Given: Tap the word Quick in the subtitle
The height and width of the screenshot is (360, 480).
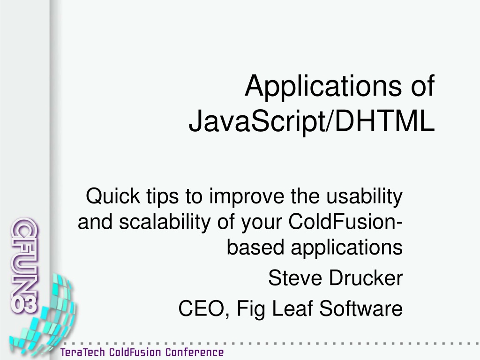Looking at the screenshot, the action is tap(112, 196).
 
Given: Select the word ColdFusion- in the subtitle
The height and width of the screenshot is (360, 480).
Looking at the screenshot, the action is tap(345, 222).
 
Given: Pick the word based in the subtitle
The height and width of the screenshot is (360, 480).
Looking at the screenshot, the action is tap(255, 247).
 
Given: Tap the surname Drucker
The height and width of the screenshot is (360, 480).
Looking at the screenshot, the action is tap(366, 278).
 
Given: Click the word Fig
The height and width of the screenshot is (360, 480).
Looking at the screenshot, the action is tap(251, 309).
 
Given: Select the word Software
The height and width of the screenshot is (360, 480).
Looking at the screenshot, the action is tap(361, 308).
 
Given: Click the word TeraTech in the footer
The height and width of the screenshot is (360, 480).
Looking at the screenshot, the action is tap(82, 352).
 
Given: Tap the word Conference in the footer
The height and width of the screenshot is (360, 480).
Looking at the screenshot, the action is tap(195, 352).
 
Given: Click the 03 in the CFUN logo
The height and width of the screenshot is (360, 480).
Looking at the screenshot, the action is tap(24, 304).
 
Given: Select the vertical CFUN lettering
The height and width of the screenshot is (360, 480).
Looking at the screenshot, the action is tap(24, 258).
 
